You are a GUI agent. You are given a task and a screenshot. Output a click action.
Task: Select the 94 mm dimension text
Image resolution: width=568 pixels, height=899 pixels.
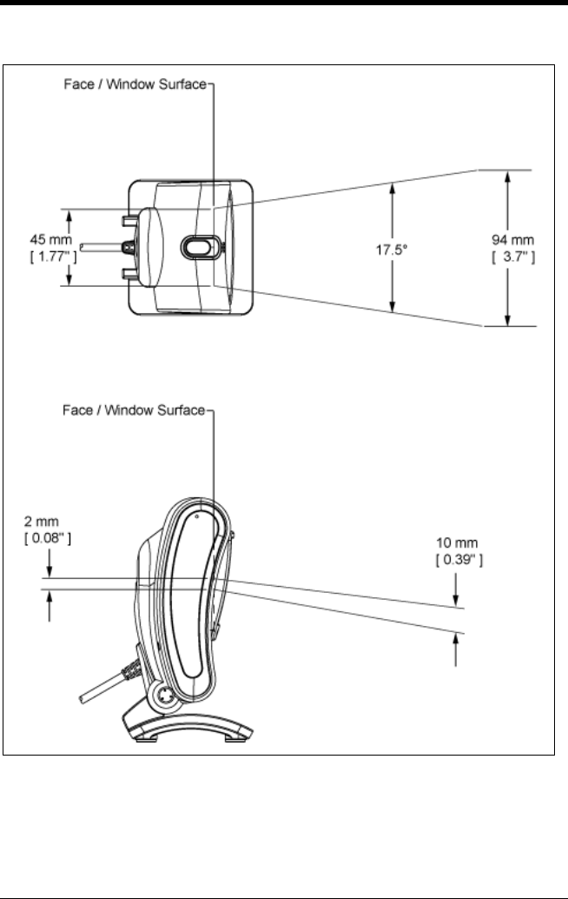coord(507,240)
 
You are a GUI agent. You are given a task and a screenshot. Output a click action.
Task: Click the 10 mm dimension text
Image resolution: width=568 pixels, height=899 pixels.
coord(456,547)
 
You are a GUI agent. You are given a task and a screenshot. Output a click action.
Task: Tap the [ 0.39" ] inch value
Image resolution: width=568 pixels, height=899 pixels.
coord(458,562)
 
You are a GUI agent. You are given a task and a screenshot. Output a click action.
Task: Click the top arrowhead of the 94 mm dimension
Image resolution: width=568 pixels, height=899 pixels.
coord(507,174)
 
